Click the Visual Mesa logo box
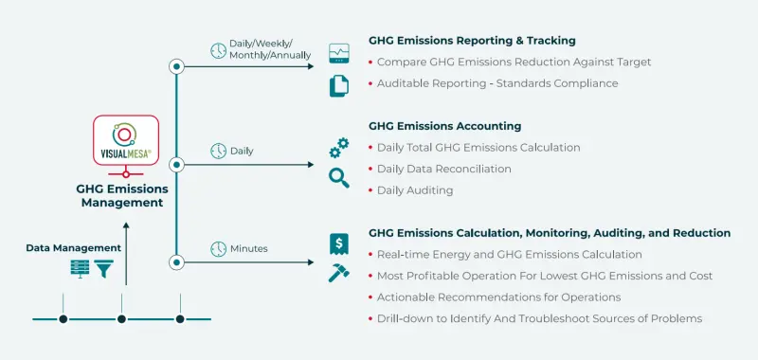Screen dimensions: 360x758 tap(125, 142)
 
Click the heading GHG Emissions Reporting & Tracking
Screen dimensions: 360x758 tap(472, 41)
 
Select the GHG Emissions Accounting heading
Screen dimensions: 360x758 tap(444, 126)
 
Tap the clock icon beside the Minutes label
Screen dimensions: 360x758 tap(218, 249)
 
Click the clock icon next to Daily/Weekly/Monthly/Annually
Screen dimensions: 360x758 tap(218, 50)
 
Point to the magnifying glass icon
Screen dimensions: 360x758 tap(338, 176)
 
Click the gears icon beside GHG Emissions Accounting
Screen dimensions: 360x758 tap(338, 148)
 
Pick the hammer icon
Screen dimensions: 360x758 tap(338, 273)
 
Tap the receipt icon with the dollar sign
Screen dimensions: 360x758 tap(338, 243)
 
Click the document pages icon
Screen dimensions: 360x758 tap(338, 85)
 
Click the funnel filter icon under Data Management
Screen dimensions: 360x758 tap(103, 268)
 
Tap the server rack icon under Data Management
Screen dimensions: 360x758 tap(81, 268)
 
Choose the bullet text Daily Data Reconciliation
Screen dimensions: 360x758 tap(443, 169)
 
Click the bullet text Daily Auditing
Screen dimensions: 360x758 tap(414, 190)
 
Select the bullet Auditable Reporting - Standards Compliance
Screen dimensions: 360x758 tap(496, 83)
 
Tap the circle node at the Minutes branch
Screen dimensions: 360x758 tap(176, 261)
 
